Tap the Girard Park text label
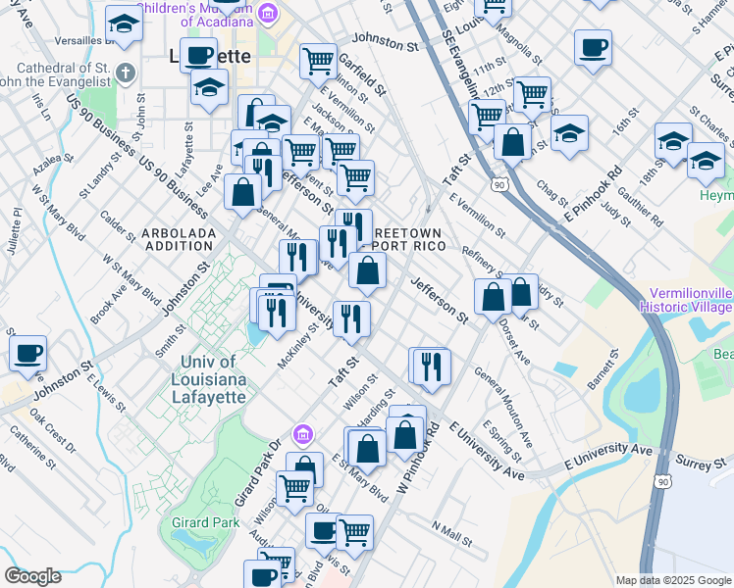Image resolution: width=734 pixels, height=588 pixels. (204, 523)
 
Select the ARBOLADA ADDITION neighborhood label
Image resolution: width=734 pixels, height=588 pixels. (177, 240)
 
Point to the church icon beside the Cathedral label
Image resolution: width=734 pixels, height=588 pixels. (125, 73)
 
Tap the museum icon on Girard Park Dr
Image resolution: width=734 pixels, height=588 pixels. (303, 433)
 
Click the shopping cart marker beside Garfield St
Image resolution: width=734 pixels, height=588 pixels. (318, 61)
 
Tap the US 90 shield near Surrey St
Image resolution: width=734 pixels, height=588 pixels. (665, 482)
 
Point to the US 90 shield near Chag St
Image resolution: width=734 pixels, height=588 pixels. (500, 185)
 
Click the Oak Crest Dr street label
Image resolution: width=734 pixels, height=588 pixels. (55, 432)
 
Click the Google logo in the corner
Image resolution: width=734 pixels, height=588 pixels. (32, 576)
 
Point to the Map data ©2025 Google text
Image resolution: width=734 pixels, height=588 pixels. (672, 580)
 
